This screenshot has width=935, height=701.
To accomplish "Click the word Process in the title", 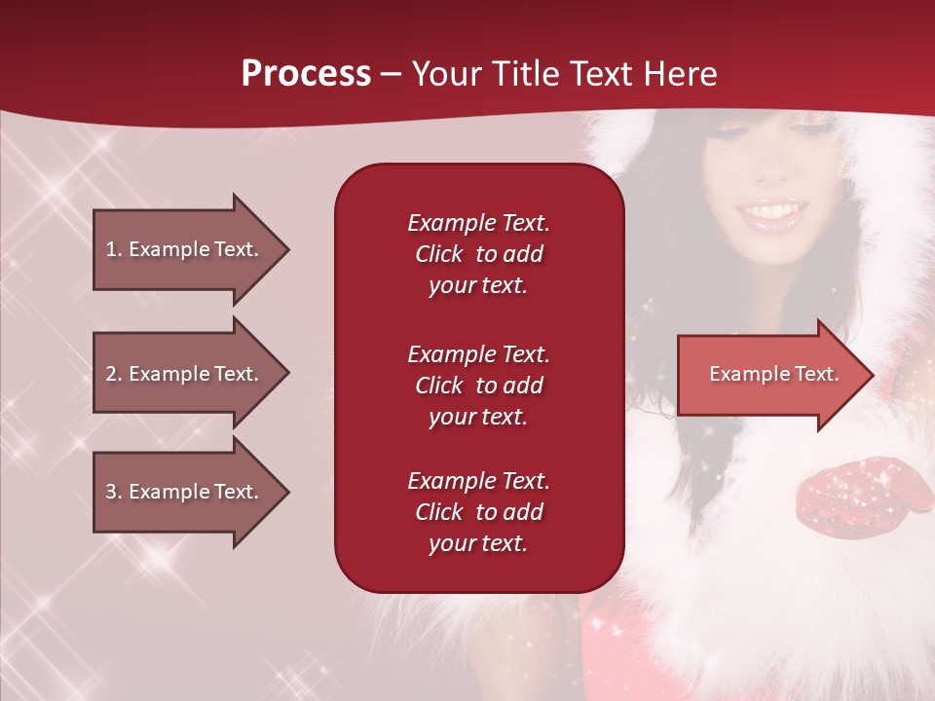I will tap(306, 74).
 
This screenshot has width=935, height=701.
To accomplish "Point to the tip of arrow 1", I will tap(287, 249).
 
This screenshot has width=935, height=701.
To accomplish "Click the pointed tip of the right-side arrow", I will tap(872, 374).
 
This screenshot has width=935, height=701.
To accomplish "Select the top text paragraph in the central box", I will tap(478, 254).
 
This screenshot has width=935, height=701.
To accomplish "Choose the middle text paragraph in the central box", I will tap(478, 386).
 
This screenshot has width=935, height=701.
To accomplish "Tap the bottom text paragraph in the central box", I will tap(478, 512).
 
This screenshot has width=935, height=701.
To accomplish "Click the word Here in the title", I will tap(681, 74).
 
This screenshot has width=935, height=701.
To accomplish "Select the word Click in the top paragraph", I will tap(439, 254).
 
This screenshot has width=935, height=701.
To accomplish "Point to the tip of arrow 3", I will tap(287, 492).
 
